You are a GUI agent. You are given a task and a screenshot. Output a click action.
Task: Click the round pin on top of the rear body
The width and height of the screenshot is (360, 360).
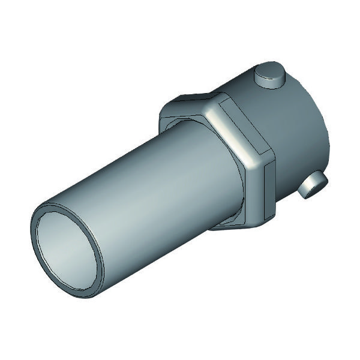click(x=270, y=77)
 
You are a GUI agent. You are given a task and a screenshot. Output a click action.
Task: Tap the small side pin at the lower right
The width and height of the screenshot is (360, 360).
click(x=313, y=185)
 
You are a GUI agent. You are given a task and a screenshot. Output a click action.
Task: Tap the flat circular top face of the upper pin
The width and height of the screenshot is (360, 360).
click(x=270, y=73)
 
